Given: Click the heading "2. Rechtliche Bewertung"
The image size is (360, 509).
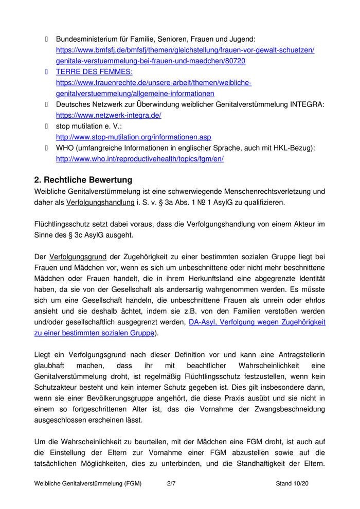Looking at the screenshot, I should pos(83,180).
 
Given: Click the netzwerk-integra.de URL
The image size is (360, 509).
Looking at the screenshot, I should pos(109,116).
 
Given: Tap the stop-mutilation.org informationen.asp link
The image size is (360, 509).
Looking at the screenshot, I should pos(133,137).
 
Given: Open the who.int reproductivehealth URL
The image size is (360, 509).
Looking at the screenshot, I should pos(139,159).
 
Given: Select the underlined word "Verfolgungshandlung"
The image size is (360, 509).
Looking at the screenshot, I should pos(100,203).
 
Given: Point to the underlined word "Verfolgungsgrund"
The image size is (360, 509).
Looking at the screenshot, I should pos(78,256).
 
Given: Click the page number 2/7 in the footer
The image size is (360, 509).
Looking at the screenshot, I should pos(172,484).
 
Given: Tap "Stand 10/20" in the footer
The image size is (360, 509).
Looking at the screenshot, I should pos(292,484).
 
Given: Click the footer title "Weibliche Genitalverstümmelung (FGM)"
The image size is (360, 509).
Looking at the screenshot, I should pos(88,484).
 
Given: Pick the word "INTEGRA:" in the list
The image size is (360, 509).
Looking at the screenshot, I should pos(307,105).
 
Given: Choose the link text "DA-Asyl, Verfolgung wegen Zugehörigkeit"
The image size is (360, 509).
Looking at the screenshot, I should pos(257,322).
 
